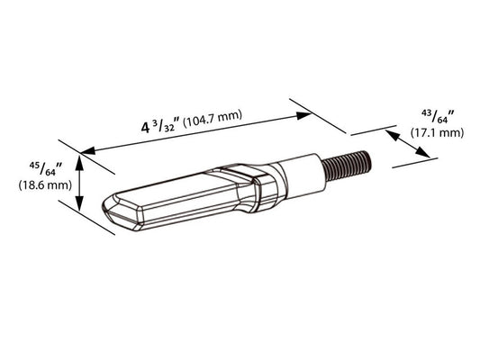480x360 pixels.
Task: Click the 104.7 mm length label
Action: [x=213, y=119]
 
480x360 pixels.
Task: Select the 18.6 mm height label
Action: [x=45, y=185]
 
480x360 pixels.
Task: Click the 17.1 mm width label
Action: [x=437, y=133]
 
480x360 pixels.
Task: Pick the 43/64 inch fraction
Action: [x=438, y=117]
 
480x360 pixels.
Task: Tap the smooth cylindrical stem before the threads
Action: [x=303, y=176]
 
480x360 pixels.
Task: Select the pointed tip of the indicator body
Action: [x=104, y=205]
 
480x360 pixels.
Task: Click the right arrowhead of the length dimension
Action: [x=303, y=115]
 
